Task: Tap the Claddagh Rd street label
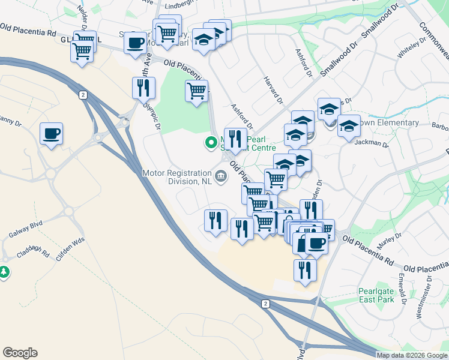[33, 252]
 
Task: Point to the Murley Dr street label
[389, 238]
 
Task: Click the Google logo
[20, 353]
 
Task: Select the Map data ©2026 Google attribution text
[412, 355]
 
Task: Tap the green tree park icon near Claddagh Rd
[5, 272]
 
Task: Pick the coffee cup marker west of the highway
[51, 133]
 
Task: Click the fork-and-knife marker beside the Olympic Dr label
[143, 88]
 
